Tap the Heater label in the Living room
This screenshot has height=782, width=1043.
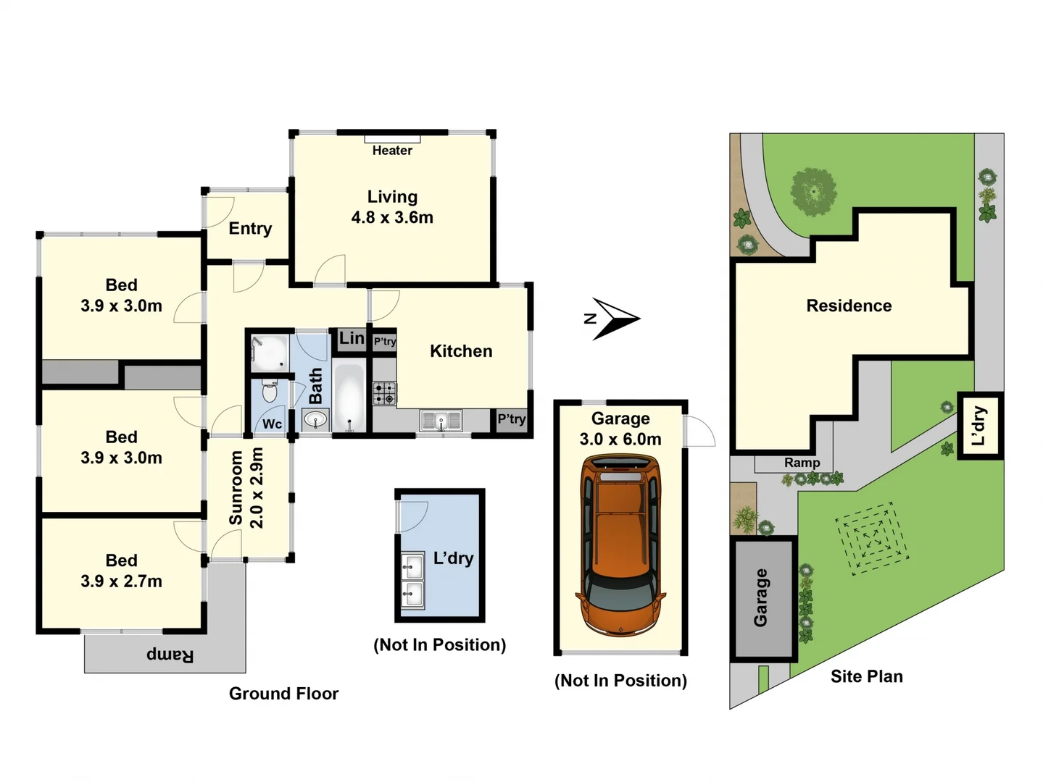pyautogui.click(x=392, y=151)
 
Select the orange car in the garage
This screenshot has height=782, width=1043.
pyautogui.click(x=620, y=545)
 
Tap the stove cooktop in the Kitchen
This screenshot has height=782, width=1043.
pyautogui.click(x=385, y=393)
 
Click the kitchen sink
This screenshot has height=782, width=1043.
pyautogui.click(x=441, y=420)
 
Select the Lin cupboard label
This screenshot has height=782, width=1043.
pyautogui.click(x=352, y=338)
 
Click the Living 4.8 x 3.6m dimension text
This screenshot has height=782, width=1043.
pyautogui.click(x=392, y=217)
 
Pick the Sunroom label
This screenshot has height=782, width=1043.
pyautogui.click(x=236, y=487)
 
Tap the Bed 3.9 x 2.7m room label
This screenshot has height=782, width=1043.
pyautogui.click(x=121, y=571)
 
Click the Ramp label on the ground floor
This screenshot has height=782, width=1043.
pyautogui.click(x=170, y=655)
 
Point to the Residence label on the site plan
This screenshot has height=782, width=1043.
pyautogui.click(x=849, y=306)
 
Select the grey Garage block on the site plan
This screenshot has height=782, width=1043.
pyautogui.click(x=762, y=598)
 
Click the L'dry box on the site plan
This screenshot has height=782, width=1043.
pyautogui.click(x=980, y=426)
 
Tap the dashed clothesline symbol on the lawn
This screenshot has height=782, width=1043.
pyautogui.click(x=871, y=539)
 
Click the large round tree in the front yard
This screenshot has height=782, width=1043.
pyautogui.click(x=813, y=191)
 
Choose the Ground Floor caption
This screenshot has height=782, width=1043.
pyautogui.click(x=283, y=694)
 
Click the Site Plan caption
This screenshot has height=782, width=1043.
pyautogui.click(x=866, y=676)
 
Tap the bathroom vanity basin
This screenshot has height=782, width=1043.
pyautogui.click(x=315, y=419)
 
